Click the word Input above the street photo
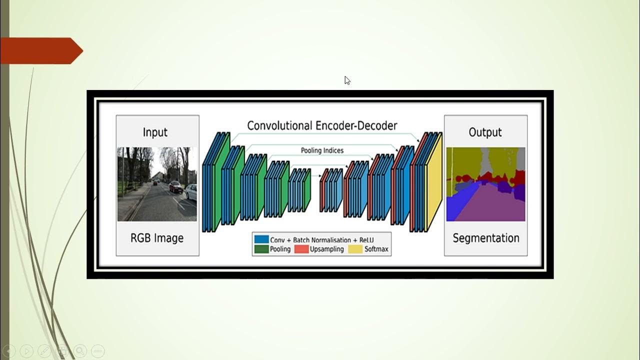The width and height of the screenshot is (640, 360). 155,132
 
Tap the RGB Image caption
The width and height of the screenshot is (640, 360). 157,238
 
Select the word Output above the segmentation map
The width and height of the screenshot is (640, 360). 485,132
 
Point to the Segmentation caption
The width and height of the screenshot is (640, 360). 485,238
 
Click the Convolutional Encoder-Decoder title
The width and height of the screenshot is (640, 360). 322,125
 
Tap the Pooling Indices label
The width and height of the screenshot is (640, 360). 322,150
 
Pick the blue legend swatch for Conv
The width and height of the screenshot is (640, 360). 261,240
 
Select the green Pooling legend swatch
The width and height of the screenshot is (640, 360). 261,249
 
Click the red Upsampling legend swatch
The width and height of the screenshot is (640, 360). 301,249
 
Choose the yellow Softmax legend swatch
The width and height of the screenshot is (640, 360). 355,249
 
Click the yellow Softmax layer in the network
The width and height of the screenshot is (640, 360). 434,185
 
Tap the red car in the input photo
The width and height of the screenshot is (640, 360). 175,187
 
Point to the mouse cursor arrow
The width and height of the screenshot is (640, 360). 346,80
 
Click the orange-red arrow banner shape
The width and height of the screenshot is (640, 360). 40,50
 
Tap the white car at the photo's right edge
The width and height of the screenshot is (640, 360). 191,192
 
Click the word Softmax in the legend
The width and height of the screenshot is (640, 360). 376,249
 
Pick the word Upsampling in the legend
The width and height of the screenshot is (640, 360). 326,249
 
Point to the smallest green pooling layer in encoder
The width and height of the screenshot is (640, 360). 307,191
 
